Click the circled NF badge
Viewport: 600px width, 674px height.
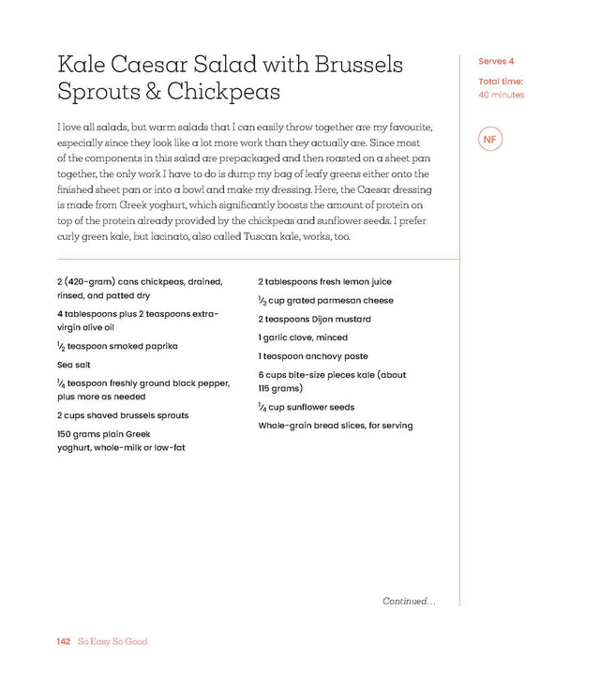pos(488,140)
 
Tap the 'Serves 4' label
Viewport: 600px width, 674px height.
pos(496,62)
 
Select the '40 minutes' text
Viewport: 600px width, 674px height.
pos(501,95)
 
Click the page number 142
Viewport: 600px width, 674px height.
pos(64,642)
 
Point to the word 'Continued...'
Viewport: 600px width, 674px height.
pos(409,601)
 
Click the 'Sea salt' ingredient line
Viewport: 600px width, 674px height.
pos(76,364)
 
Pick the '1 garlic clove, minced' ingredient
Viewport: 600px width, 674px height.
pos(303,337)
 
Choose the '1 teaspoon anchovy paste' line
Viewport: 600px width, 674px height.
pos(313,356)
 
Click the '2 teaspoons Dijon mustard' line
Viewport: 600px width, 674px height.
pos(314,319)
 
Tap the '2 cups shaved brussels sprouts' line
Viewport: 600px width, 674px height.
pos(122,415)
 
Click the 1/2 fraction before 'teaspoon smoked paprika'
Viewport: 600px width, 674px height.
pos(60,347)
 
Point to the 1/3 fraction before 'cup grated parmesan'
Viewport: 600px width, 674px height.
pos(262,301)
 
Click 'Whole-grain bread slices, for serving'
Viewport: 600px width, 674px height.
pos(336,426)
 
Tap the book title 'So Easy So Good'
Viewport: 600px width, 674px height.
pos(113,642)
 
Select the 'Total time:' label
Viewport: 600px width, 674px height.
pos(501,82)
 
